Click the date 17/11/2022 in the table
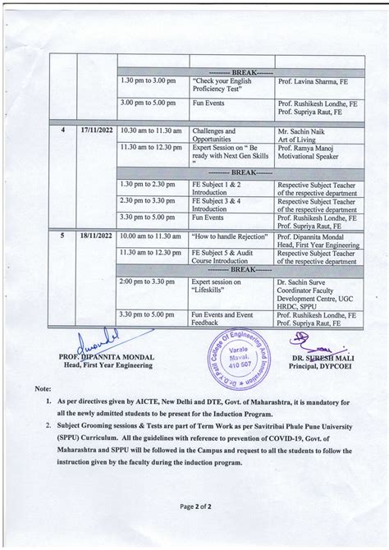98,130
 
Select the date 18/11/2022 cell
98,235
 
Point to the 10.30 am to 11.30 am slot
152,130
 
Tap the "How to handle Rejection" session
225,235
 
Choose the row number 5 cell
63,235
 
